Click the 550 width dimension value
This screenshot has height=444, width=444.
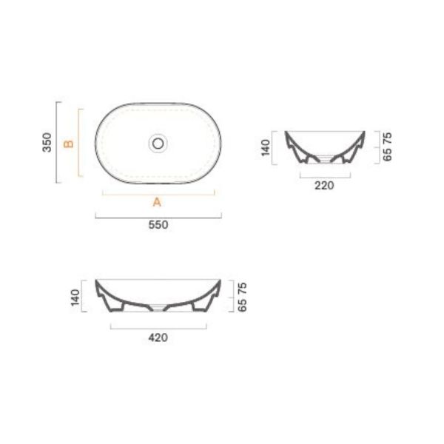158,226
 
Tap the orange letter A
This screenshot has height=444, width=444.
157,202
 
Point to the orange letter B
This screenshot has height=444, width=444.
69,143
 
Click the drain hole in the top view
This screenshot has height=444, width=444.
158,142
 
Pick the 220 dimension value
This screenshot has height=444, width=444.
324,185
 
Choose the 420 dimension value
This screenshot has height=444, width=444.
158,337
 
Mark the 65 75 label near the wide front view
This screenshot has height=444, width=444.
242,297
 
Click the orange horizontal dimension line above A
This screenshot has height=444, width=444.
158,193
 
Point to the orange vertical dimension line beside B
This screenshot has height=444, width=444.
79,143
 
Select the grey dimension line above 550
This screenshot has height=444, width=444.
158,216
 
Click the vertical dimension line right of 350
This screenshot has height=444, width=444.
58,142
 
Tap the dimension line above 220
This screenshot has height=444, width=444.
324,176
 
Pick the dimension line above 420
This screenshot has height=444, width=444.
158,326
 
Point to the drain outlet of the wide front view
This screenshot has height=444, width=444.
158,305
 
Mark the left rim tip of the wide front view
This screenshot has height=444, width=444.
97,281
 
